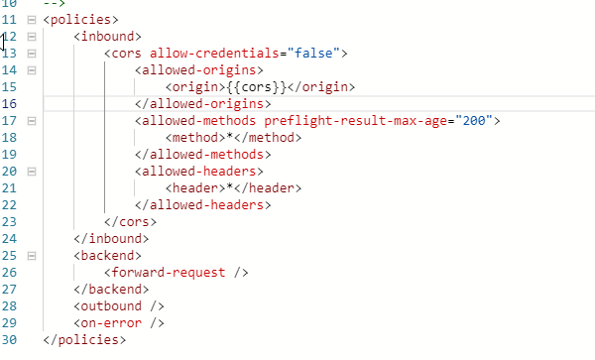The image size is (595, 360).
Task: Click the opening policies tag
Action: (x=80, y=19)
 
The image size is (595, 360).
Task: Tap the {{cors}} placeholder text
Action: (x=228, y=86)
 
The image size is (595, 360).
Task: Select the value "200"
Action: (x=482, y=120)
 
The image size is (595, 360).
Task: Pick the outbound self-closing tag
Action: (x=118, y=305)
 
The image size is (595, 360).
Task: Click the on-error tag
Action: (x=118, y=322)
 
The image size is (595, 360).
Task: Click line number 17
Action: (x=9, y=120)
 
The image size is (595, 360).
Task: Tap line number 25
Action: (x=9, y=255)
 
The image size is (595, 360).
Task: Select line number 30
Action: (x=9, y=339)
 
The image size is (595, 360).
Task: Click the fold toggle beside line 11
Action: (x=32, y=19)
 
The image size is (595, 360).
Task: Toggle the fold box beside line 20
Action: (x=32, y=171)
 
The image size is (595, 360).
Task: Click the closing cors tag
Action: (x=130, y=221)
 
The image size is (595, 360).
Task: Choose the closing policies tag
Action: (x=84, y=339)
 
